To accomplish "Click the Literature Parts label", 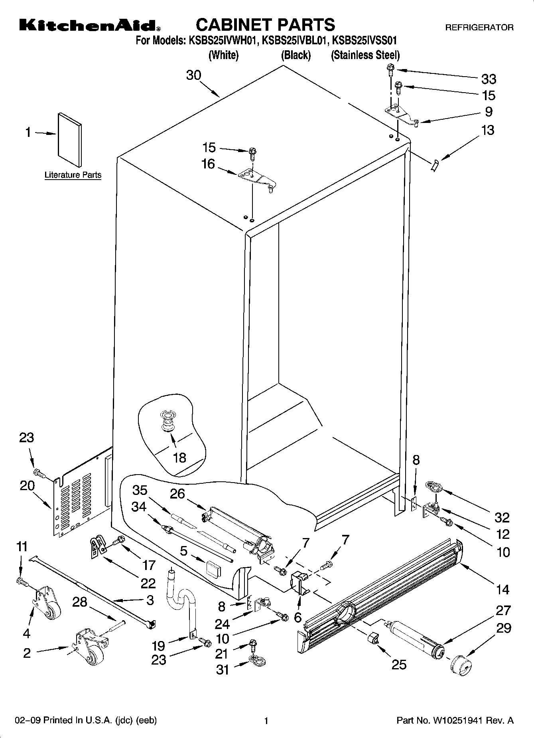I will tap(73, 175).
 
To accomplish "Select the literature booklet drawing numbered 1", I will tap(70, 139).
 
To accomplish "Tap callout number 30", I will tap(193, 75).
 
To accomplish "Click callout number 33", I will tap(489, 79).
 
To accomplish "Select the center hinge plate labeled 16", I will tap(255, 178).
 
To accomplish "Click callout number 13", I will tap(488, 130).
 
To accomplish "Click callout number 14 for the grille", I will tap(503, 589).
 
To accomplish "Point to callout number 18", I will tap(179, 457).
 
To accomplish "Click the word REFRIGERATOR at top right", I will tap(479, 28).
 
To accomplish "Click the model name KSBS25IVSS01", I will tap(364, 40).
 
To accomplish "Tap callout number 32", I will tap(502, 517).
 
